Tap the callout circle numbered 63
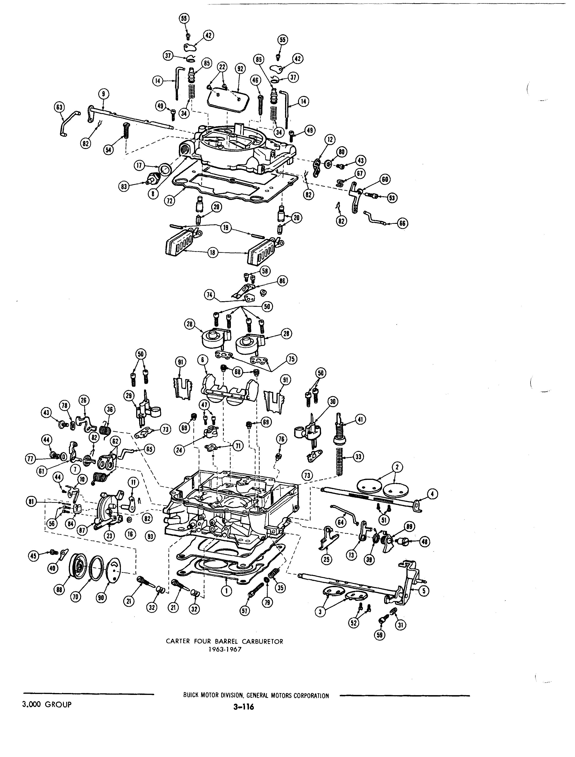click(59, 107)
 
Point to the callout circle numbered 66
click(402, 223)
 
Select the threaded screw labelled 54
click(126, 131)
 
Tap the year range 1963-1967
click(225, 649)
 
